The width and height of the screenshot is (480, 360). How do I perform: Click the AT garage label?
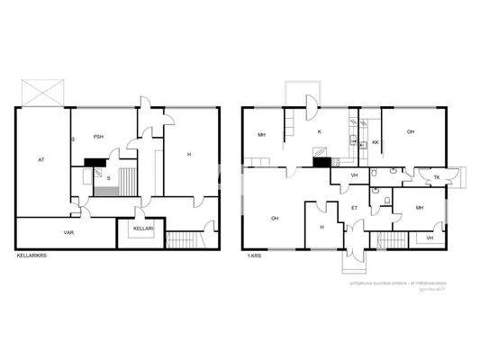41,159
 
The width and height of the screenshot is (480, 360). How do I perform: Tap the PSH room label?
98,136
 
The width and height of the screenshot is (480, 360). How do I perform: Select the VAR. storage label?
68,231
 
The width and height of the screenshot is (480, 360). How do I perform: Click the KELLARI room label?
143,229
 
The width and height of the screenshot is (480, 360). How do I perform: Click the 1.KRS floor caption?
255,256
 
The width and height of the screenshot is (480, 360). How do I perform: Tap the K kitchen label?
319,131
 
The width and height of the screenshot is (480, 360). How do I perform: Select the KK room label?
375,142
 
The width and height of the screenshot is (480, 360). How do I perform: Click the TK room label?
437,177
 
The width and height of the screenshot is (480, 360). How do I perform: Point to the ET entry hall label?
354,208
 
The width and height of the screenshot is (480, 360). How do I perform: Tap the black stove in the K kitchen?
320,163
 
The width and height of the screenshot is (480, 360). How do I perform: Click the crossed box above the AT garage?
46,92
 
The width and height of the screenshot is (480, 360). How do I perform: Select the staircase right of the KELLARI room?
184,240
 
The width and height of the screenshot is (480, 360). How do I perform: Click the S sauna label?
109,178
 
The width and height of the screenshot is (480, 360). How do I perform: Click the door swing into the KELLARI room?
140,213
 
